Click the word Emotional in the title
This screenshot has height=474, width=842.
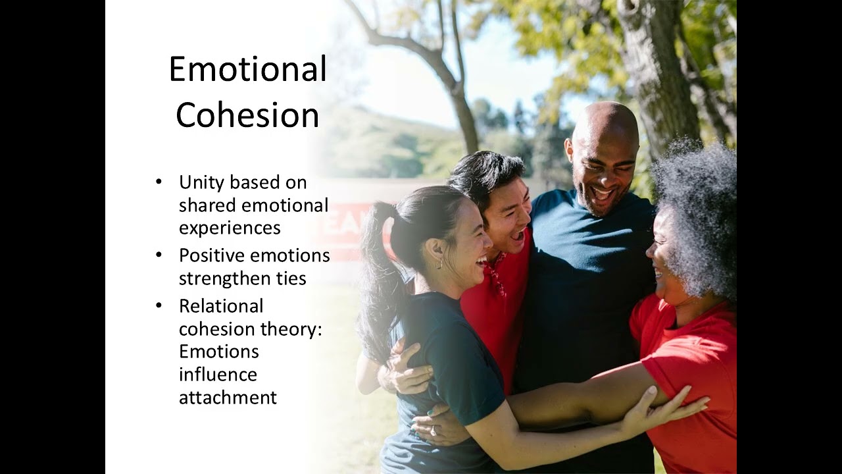click(x=247, y=69)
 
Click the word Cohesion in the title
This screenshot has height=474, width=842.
click(x=247, y=115)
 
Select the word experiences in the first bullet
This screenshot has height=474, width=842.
click(x=230, y=228)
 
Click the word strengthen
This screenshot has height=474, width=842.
click(x=224, y=278)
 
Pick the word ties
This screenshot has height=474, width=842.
click(x=291, y=278)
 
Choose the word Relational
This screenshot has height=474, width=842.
click(x=221, y=306)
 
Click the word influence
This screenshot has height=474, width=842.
click(x=218, y=375)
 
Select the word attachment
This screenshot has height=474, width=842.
click(x=228, y=398)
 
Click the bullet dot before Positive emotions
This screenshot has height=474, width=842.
click(x=159, y=255)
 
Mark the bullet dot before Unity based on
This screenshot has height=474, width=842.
click(x=159, y=182)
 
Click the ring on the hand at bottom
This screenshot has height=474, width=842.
click(x=433, y=430)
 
